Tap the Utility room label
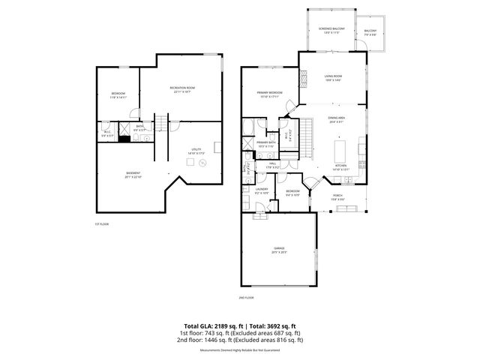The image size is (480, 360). pyautogui.click(x=197, y=151)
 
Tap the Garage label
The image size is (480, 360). pyautogui.click(x=279, y=250)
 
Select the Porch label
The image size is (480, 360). pyautogui.click(x=338, y=197)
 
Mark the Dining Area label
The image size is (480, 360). pyautogui.click(x=337, y=120)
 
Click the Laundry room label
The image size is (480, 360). pyautogui.click(x=262, y=190)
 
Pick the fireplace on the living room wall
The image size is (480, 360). pyautogui.click(x=303, y=78)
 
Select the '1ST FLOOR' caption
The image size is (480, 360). pyautogui.click(x=102, y=223)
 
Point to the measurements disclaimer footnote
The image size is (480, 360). pyautogui.click(x=240, y=349)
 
